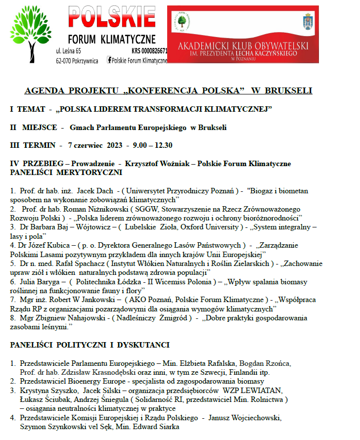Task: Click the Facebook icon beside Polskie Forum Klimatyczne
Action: tap(109, 60)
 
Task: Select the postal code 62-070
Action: tap(66, 60)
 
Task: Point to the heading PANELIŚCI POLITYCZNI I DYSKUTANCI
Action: tap(90, 345)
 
